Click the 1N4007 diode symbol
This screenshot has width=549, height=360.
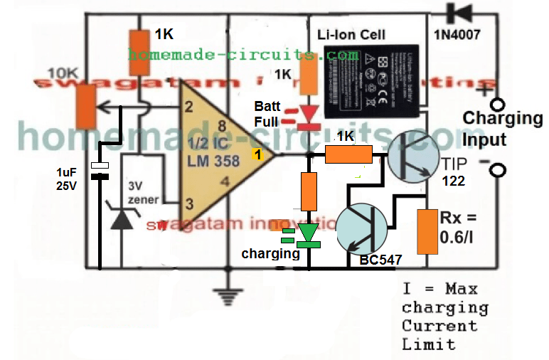457,13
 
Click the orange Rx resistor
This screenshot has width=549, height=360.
427,231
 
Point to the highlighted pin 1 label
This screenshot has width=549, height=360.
258,154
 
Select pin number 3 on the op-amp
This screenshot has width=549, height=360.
188,204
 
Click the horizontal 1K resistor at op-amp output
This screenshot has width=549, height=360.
348,154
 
